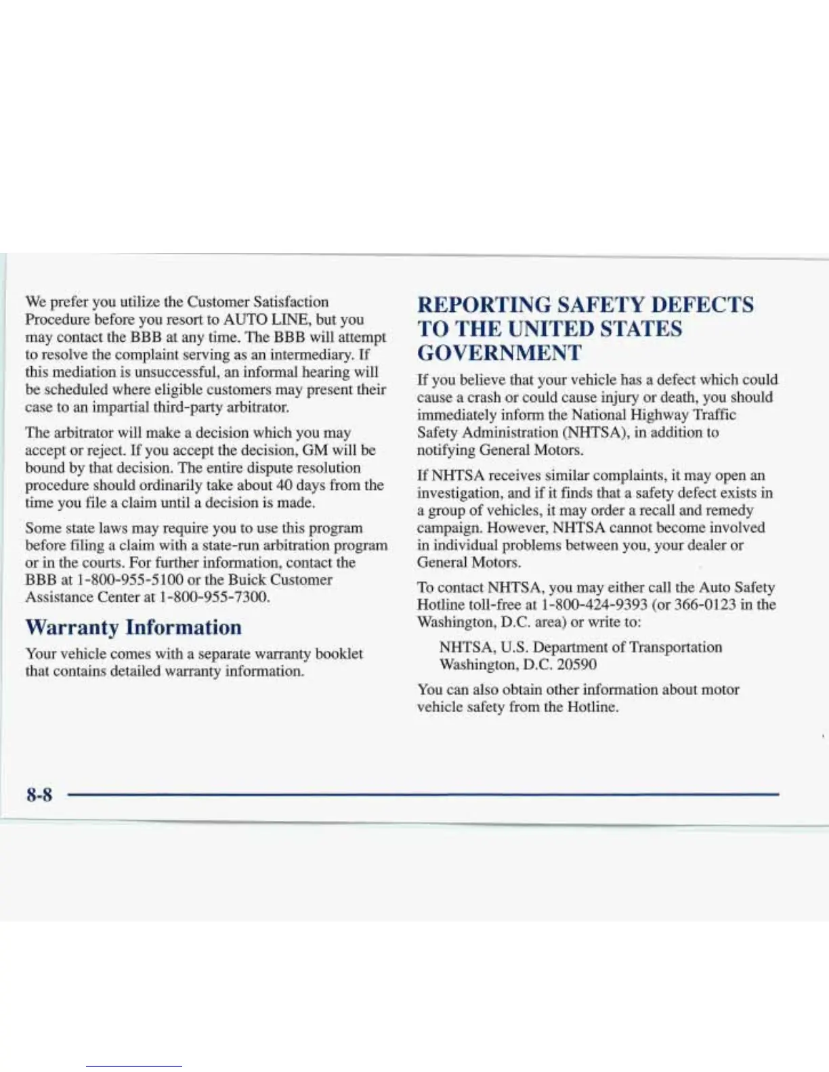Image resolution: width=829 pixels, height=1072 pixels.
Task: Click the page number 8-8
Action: click(39, 794)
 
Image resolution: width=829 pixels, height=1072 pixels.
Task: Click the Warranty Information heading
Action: click(133, 627)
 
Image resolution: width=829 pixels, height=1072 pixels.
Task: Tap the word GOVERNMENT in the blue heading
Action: click(499, 353)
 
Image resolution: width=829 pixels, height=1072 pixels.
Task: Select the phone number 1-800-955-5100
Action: click(129, 580)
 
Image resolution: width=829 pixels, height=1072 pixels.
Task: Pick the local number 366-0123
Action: click(704, 604)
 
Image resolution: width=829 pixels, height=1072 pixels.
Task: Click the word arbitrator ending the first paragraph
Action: click(258, 407)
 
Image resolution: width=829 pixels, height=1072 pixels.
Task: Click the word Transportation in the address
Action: click(675, 647)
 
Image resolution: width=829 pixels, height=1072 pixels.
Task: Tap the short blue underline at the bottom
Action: click(134, 1066)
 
